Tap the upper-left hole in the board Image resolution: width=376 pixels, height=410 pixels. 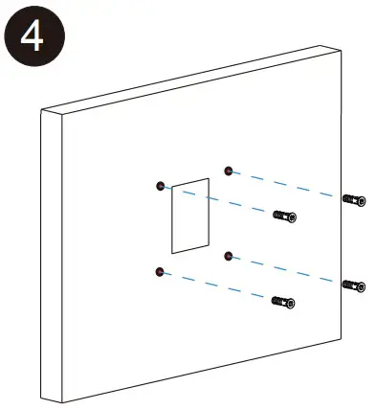tap(161, 185)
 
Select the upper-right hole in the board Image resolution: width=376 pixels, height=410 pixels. tap(228, 171)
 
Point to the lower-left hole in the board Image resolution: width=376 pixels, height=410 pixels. tap(159, 271)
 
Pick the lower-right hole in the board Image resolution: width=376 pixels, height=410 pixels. tap(228, 255)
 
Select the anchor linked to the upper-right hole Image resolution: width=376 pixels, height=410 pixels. tap(353, 199)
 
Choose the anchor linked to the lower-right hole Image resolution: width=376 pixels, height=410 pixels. tap(353, 285)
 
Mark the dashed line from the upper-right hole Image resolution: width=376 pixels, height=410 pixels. tap(287, 184)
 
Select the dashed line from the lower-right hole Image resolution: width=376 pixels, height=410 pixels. tap(287, 269)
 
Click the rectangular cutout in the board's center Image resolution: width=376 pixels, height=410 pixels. tap(190, 215)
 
